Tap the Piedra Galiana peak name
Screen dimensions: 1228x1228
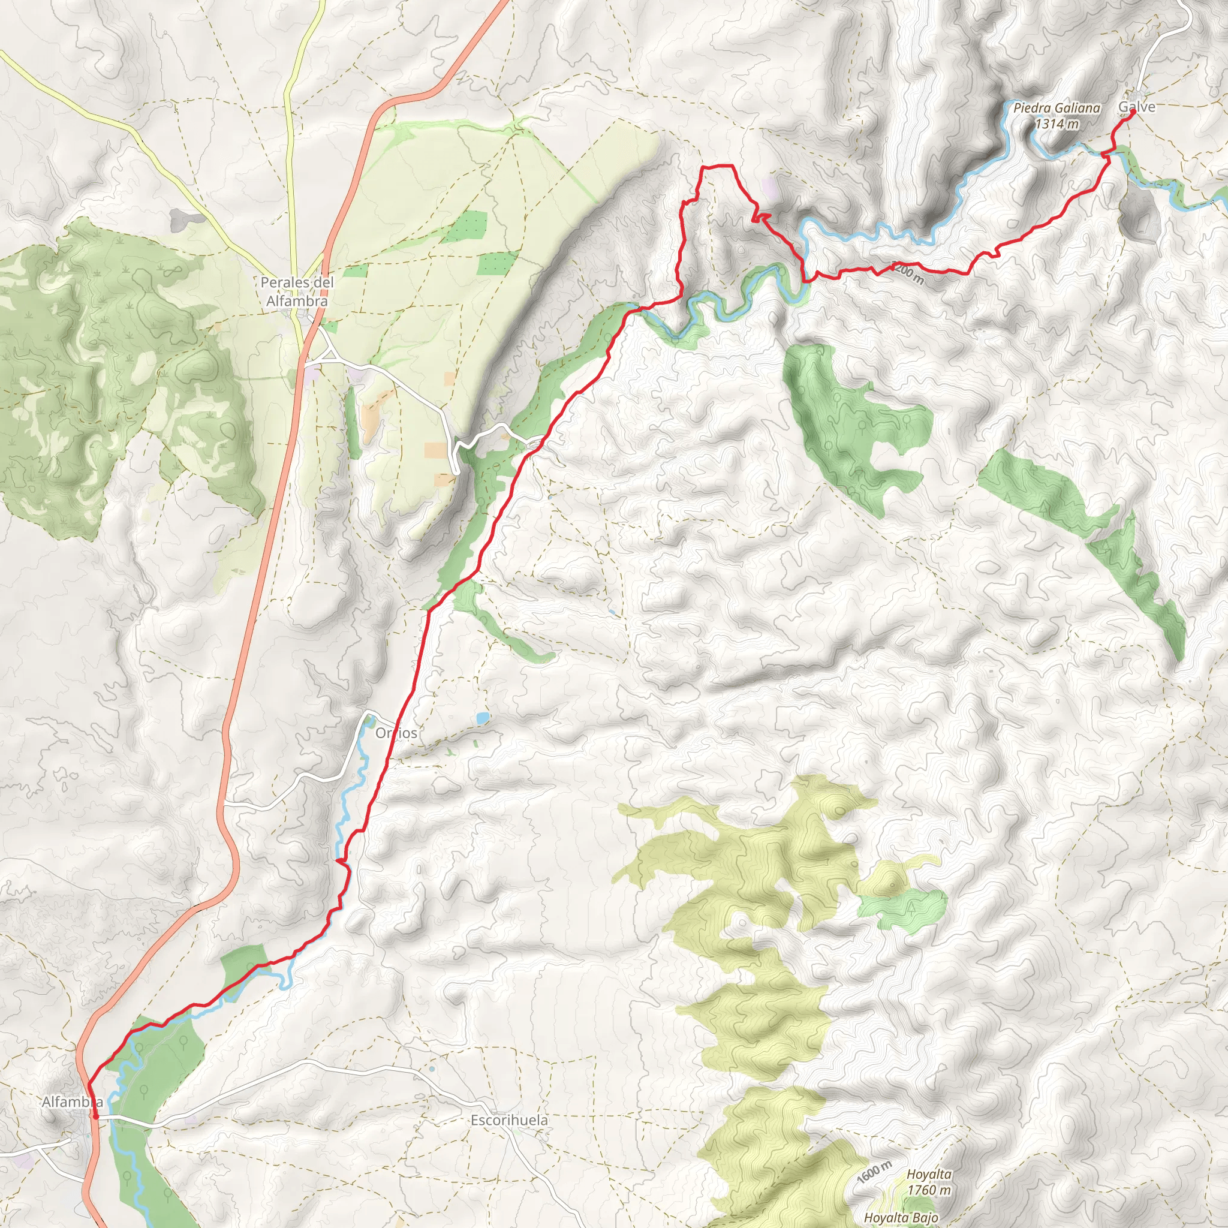pos(1057,108)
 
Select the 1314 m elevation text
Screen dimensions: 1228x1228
pos(1057,124)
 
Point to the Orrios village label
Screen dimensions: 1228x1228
pos(396,733)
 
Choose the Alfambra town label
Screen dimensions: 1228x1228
pos(72,1101)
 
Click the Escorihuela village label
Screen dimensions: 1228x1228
pos(508,1120)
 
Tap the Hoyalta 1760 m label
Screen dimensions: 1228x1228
pos(929,1182)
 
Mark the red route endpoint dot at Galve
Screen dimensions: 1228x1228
pos(1133,112)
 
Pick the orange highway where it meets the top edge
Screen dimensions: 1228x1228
pos(502,3)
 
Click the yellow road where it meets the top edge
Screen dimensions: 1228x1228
pos(323,3)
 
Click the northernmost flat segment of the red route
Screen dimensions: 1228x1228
pos(717,166)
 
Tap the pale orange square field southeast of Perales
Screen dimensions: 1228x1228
pos(435,449)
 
